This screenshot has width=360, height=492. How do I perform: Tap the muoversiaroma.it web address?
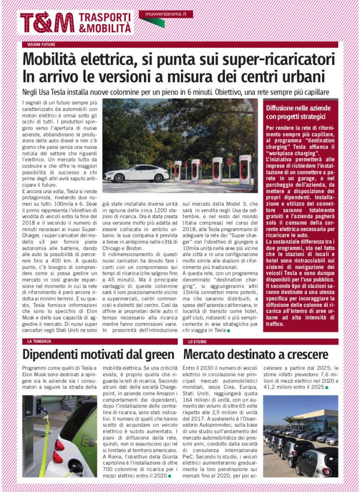click(166, 14)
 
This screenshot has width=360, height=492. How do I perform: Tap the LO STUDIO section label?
click(197, 342)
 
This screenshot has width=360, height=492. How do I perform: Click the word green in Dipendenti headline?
click(158, 355)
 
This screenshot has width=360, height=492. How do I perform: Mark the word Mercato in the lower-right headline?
click(207, 355)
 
